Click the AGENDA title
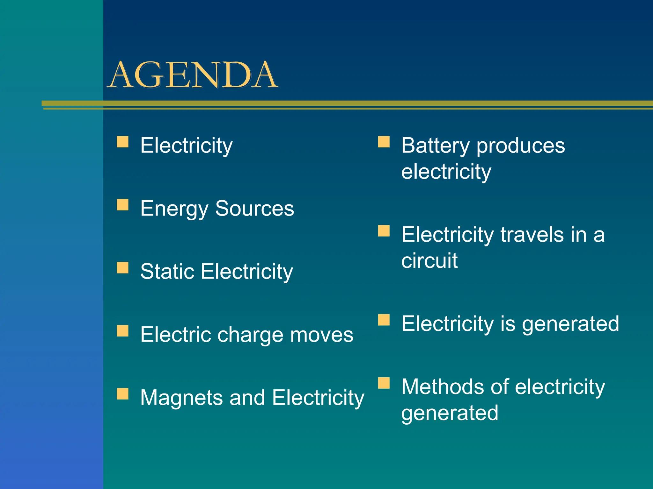point(193,75)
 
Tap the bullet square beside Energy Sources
point(122,205)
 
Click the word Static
point(167,272)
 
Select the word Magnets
point(181,398)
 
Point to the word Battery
point(435,146)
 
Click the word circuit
point(429,261)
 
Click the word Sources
point(254,209)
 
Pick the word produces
point(520,146)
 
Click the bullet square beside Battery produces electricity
point(384,142)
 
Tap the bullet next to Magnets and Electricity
point(122,394)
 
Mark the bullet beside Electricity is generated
point(384,320)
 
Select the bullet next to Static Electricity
point(122,268)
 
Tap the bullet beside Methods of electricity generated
point(384,383)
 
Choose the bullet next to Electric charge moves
point(122,331)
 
